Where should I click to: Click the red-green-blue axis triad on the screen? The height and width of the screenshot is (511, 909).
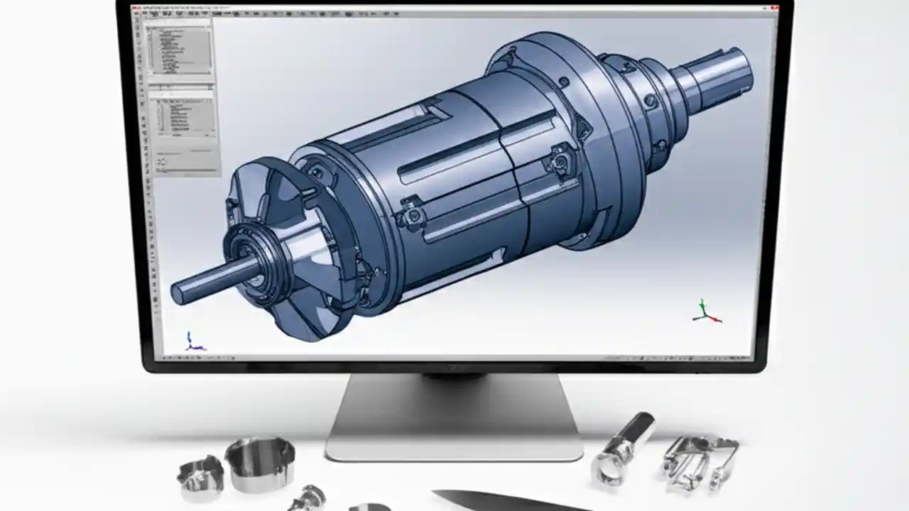click(705, 312)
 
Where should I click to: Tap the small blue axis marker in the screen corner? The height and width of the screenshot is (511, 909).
click(192, 342)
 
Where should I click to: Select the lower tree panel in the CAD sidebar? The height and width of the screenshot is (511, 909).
click(182, 117)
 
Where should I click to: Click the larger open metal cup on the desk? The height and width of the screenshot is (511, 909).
click(259, 461)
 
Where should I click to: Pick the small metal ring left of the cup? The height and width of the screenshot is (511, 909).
click(200, 476)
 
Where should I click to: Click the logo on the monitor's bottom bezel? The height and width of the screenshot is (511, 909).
click(454, 367)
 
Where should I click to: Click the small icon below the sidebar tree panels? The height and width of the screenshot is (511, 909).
click(162, 162)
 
